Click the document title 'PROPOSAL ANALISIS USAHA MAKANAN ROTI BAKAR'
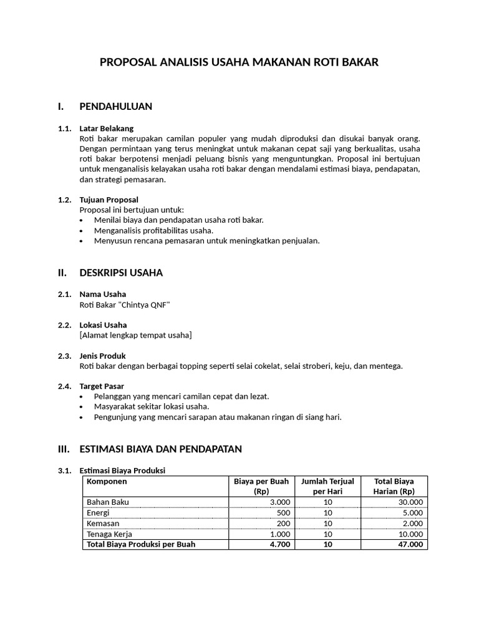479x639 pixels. point(239,62)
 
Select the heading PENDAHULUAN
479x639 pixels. point(115,106)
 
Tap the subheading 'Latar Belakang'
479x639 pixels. point(107,129)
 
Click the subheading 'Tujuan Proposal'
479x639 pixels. point(109,200)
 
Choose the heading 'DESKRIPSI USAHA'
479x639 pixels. point(121,273)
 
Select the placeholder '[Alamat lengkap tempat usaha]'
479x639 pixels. point(135,335)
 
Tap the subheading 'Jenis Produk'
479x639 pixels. point(104,356)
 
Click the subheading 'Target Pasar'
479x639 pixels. point(102,386)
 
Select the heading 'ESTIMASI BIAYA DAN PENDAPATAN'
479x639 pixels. point(160,449)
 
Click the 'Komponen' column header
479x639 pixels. point(107,482)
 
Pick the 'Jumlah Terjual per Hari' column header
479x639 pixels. point(327,486)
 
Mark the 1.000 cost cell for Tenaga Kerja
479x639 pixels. point(279,534)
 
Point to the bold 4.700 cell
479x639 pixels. point(279,544)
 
